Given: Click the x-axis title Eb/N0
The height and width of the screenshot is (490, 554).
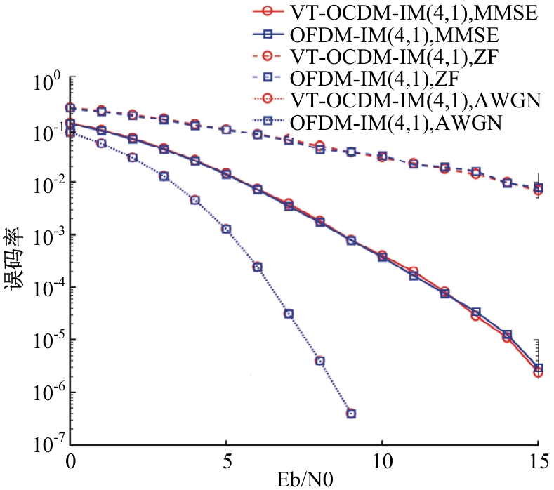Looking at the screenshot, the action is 305,480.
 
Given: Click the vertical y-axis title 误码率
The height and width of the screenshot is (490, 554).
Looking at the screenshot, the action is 14,259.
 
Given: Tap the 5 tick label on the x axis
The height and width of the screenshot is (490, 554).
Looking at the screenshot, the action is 227,461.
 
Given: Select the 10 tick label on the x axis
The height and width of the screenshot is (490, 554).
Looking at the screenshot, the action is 383,461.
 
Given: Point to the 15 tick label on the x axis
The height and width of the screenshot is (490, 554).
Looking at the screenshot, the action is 539,461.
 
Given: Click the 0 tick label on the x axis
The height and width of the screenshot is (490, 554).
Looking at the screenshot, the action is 71,461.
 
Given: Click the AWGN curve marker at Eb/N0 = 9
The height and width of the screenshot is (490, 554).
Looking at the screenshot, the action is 351,413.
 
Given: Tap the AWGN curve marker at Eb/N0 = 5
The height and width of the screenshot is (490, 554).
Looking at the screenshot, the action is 227,229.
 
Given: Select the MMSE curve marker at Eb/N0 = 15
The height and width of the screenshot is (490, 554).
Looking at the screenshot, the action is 538,369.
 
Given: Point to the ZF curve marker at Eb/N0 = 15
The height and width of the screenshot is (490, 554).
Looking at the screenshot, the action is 538,189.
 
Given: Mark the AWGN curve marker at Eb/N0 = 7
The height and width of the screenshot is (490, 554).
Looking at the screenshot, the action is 289,314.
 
